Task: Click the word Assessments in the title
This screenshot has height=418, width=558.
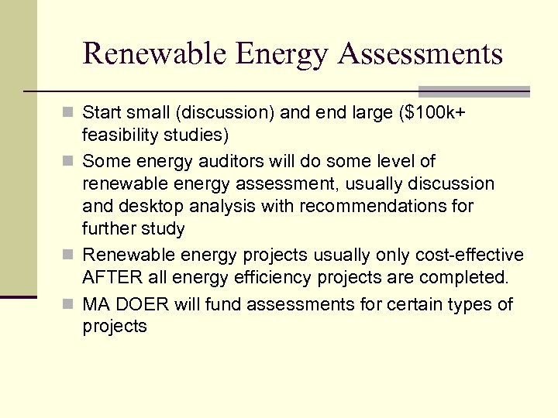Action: (x=421, y=54)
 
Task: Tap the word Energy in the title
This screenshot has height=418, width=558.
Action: (x=281, y=54)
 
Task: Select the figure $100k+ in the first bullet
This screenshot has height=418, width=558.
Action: (x=436, y=113)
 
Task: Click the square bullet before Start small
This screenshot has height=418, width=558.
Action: (x=71, y=114)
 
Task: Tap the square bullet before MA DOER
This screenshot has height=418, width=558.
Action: (x=71, y=305)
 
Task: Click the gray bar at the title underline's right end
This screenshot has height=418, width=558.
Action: (x=474, y=91)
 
